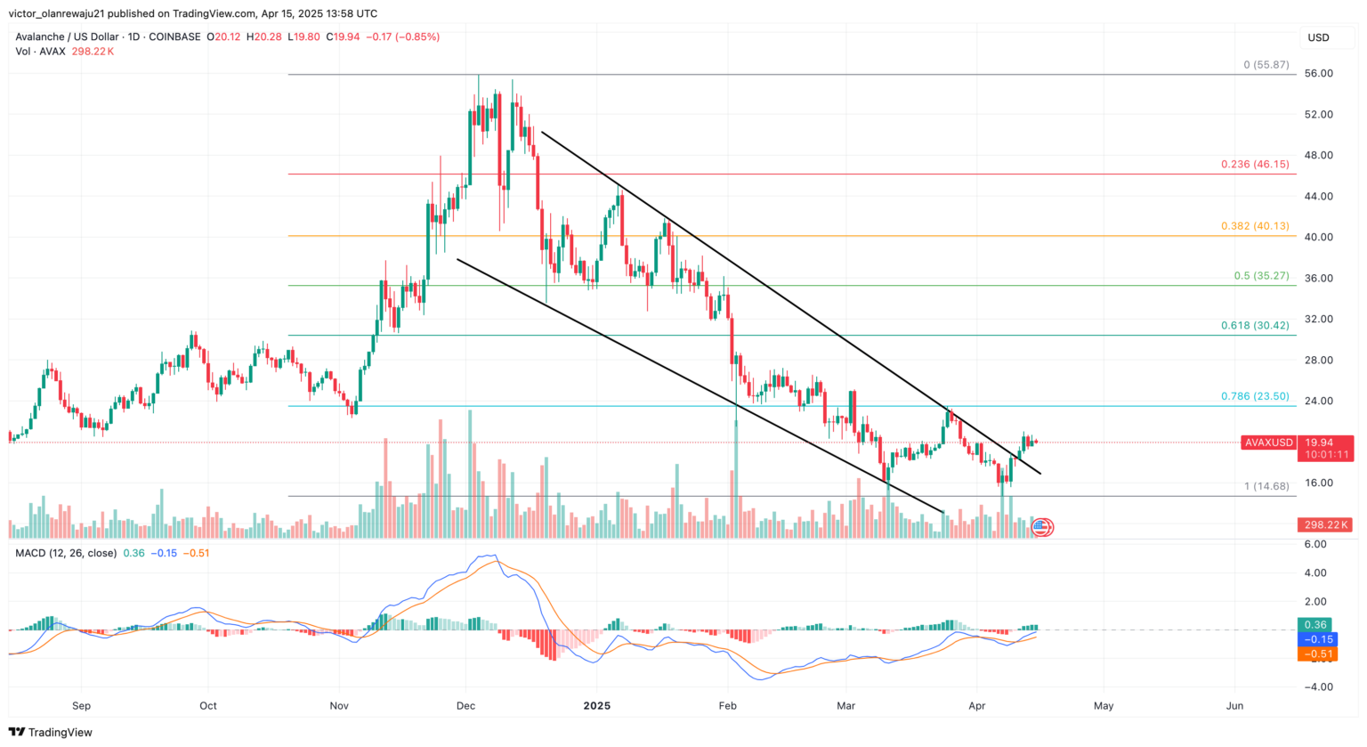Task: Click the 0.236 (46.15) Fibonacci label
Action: pos(1255,165)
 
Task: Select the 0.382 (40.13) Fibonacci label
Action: pos(1255,226)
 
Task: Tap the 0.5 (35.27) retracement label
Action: pos(1261,276)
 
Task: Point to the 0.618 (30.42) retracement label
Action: pos(1255,326)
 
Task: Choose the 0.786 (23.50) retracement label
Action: pos(1255,396)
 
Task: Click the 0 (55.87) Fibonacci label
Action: pos(1266,65)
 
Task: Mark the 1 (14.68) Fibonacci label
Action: pos(1266,486)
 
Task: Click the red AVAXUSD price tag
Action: pos(1269,443)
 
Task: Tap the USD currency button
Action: pos(1318,37)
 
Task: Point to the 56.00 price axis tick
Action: pos(1318,74)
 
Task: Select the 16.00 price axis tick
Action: pos(1318,483)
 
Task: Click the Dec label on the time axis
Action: pos(465,706)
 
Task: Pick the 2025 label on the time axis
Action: pos(596,706)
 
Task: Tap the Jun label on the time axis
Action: pos(1234,706)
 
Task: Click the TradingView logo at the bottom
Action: pos(51,733)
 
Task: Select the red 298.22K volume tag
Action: pos(1325,525)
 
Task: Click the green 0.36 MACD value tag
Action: pos(1315,625)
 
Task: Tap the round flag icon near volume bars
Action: pos(1043,528)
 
